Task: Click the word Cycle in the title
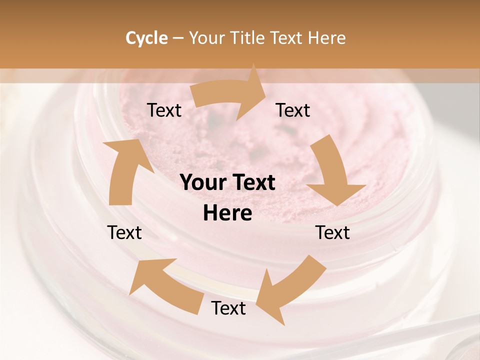(146, 38)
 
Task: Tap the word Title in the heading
(247, 38)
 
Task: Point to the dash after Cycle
(178, 38)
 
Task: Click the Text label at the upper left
(164, 110)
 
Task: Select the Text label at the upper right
(293, 110)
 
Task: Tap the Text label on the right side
(332, 232)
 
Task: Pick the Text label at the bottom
(228, 308)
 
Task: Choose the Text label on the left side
(124, 232)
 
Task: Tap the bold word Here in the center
(227, 213)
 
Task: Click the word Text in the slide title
(287, 38)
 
